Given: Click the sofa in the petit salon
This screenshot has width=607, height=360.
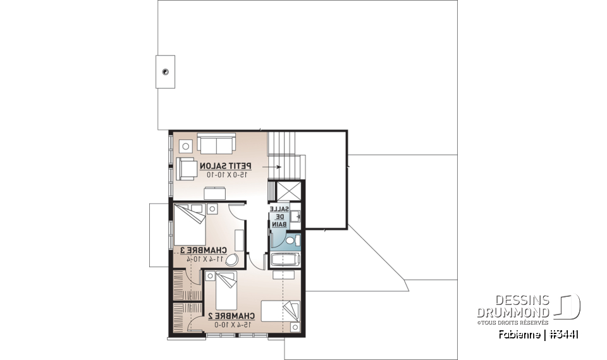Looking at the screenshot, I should pos(216,142).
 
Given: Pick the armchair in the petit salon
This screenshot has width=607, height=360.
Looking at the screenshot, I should pos(187,168).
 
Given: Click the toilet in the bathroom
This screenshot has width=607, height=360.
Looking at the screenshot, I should pos(291,240).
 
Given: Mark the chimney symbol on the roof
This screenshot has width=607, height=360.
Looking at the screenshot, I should pos(165,71).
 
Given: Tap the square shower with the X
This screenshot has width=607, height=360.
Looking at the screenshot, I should pos(286,191).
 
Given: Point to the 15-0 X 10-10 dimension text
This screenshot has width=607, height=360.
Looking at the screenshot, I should pos(225,174).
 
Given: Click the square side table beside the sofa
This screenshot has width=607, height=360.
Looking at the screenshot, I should pos(186,146).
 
